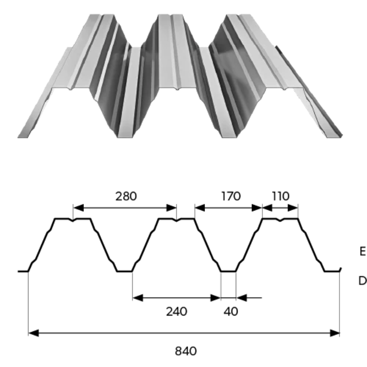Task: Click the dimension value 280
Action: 126,196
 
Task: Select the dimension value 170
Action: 230,196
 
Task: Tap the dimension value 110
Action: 280,196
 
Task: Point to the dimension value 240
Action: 177,311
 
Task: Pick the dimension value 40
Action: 231,311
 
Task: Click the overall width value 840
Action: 186,351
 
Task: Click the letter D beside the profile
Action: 362,281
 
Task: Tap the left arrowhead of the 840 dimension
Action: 32,333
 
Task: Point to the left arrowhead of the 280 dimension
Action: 77,208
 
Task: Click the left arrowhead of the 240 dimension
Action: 136,298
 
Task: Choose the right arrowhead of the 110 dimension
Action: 295,208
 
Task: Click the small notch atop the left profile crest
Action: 73,220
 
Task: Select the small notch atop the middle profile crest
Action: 177,220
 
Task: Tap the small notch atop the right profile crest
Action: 280,220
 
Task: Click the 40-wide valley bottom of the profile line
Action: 228,272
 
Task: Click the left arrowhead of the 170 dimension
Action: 199,208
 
